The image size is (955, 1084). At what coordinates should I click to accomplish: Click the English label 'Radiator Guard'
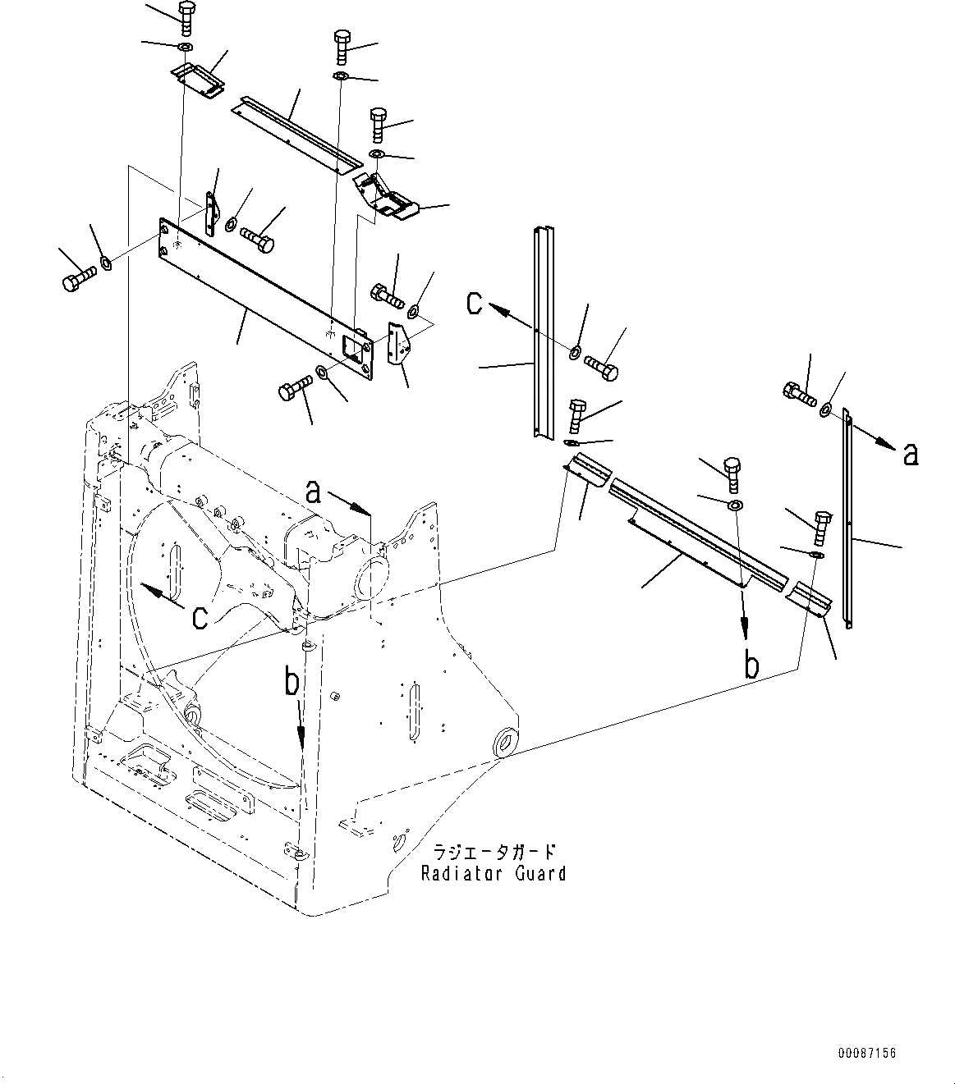[493, 873]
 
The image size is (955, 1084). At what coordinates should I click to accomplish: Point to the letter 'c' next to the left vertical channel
[475, 304]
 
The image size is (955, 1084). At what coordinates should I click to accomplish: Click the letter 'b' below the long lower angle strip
[751, 665]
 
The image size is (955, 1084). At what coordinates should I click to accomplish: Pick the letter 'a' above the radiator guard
[313, 492]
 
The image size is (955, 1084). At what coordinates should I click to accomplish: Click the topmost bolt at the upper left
[185, 16]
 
